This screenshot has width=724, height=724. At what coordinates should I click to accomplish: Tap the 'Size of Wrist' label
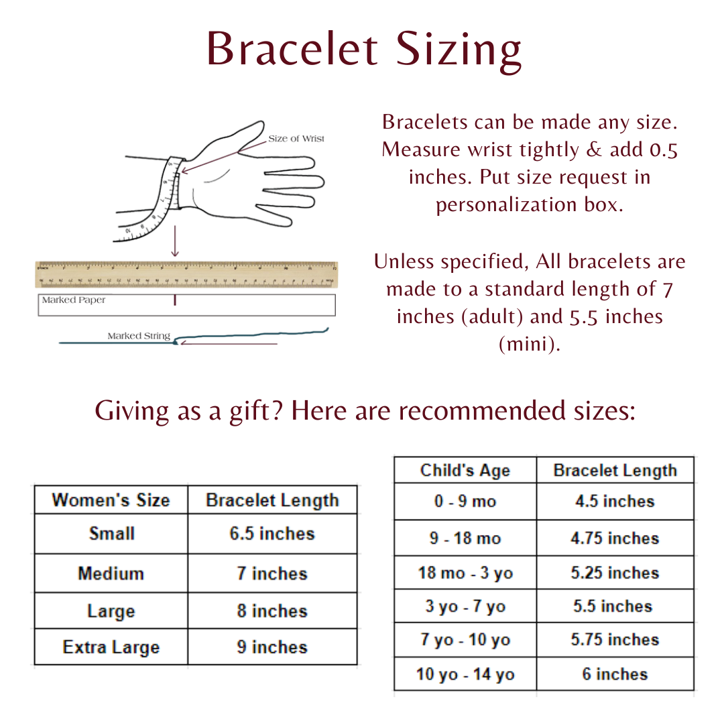(x=296, y=139)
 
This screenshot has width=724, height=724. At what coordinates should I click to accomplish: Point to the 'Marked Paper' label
(x=74, y=300)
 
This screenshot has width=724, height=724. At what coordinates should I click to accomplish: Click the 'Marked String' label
(x=139, y=336)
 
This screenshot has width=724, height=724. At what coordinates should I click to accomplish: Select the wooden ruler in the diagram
(x=186, y=275)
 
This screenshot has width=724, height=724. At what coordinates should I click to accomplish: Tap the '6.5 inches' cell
(x=271, y=534)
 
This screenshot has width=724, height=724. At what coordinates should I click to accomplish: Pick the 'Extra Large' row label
(x=111, y=648)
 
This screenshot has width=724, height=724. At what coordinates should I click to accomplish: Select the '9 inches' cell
(x=271, y=648)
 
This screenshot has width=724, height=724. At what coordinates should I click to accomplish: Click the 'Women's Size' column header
(x=111, y=500)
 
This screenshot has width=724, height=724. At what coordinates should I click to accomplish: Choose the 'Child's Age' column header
(x=465, y=471)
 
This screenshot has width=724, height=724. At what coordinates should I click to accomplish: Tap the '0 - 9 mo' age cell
(x=465, y=501)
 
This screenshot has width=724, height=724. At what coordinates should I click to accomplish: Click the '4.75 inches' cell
(x=615, y=538)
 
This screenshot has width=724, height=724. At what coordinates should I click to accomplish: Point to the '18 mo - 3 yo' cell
(x=465, y=574)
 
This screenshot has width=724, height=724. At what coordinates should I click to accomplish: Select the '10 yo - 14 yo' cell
(x=465, y=674)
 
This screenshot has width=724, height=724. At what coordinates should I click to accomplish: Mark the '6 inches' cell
(x=615, y=674)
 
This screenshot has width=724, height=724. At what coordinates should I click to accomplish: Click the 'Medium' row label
(x=111, y=574)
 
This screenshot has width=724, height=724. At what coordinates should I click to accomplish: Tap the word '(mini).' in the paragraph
(x=530, y=344)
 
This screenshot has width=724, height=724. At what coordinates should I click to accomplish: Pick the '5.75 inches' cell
(x=615, y=640)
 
